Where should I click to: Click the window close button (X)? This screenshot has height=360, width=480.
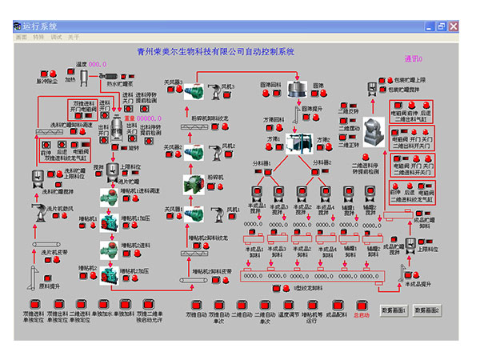tap(454, 26)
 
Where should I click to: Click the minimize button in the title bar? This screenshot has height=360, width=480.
tap(429, 26)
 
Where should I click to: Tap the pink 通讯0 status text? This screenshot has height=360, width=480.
tap(414, 58)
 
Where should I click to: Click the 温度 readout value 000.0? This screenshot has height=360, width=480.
tap(97, 64)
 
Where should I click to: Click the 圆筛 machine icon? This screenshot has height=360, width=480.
tap(300, 86)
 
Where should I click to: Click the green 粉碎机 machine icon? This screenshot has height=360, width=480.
tap(194, 184)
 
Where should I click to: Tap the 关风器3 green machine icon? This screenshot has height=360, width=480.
tap(194, 91)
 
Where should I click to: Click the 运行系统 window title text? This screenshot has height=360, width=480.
tap(40, 26)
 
